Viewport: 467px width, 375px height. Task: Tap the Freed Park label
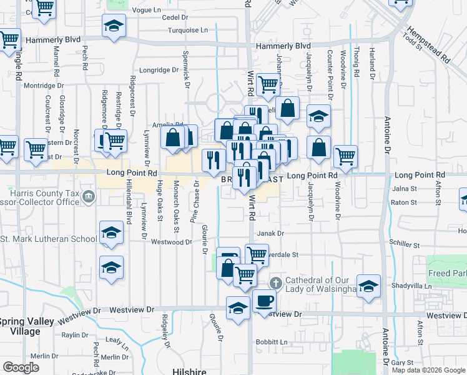pos(446,274)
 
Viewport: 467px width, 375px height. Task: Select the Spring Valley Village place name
pos(29,326)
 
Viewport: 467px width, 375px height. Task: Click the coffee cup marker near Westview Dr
pos(264,301)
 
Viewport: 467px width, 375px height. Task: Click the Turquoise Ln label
pos(187,30)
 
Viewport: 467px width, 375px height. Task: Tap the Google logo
pos(21,367)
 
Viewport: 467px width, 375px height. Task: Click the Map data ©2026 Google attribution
pos(428,370)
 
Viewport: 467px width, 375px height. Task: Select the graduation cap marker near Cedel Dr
pos(114,26)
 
